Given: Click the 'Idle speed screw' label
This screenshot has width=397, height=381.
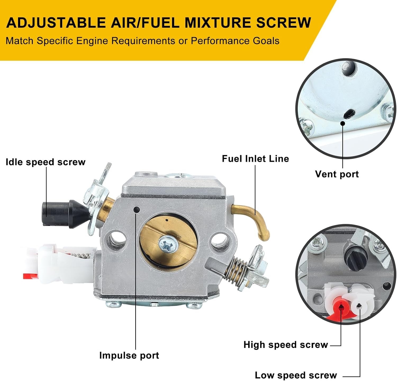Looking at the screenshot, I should click(46, 162).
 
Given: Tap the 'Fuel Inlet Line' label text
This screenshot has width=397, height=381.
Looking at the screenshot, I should click(255, 158).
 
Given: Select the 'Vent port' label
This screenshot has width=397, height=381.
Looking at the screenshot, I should click(337, 174).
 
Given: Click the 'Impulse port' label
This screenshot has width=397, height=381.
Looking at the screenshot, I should click(129, 355).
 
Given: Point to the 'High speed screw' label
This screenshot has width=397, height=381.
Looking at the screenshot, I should click(286, 345).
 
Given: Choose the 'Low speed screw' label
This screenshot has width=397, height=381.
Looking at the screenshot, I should click(296, 375).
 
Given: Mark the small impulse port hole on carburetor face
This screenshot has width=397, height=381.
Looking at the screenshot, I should click(137, 210).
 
